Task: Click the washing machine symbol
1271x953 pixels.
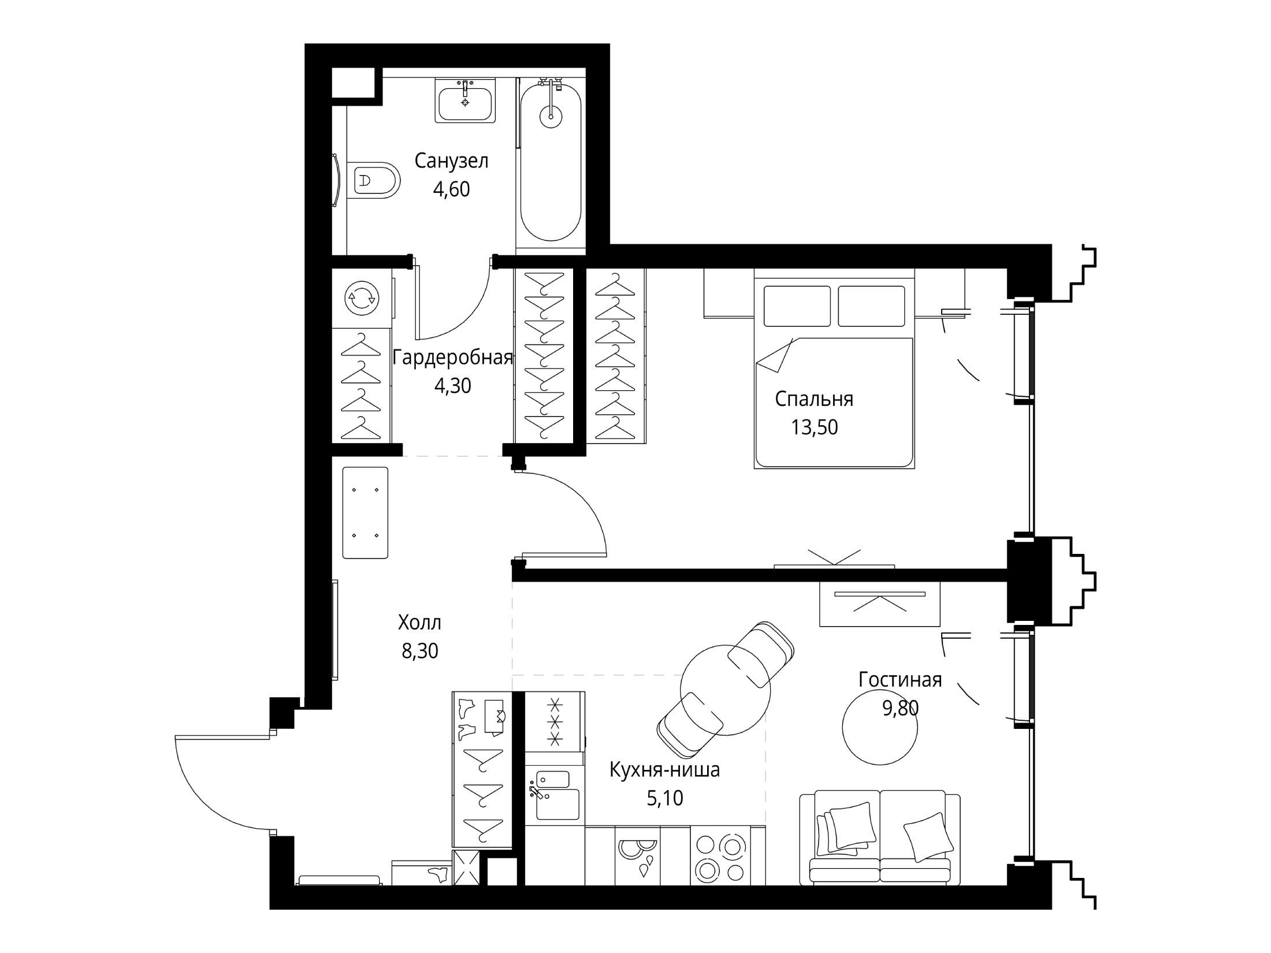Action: [x=361, y=298]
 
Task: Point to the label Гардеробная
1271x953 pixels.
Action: [x=453, y=358]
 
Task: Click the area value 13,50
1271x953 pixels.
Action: [x=814, y=427]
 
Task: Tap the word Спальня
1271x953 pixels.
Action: [x=814, y=399]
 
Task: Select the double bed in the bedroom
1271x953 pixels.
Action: [x=834, y=370]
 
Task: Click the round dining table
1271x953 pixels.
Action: [x=726, y=690]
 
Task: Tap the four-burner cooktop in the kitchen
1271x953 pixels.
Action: [x=720, y=855]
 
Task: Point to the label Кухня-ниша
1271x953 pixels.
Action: [x=665, y=770]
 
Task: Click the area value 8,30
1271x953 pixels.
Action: [x=420, y=651]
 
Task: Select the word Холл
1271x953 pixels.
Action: [x=419, y=623]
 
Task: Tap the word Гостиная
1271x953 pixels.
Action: [x=900, y=680]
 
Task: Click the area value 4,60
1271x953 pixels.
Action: [x=452, y=189]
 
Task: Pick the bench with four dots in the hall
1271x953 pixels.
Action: [x=365, y=513]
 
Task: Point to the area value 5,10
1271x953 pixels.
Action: [x=665, y=798]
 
